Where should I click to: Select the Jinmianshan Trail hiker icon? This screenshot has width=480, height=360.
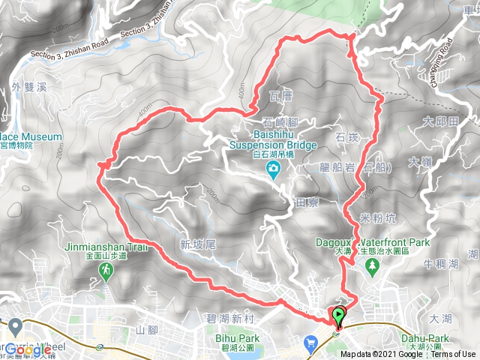coord(107,270)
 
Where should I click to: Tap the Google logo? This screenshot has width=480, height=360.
coord(31,349)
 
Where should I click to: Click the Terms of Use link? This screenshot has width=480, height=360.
coord(453,355)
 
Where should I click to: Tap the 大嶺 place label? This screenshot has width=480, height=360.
coord(421,161)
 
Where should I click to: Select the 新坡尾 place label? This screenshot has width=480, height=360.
coord(198,244)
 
